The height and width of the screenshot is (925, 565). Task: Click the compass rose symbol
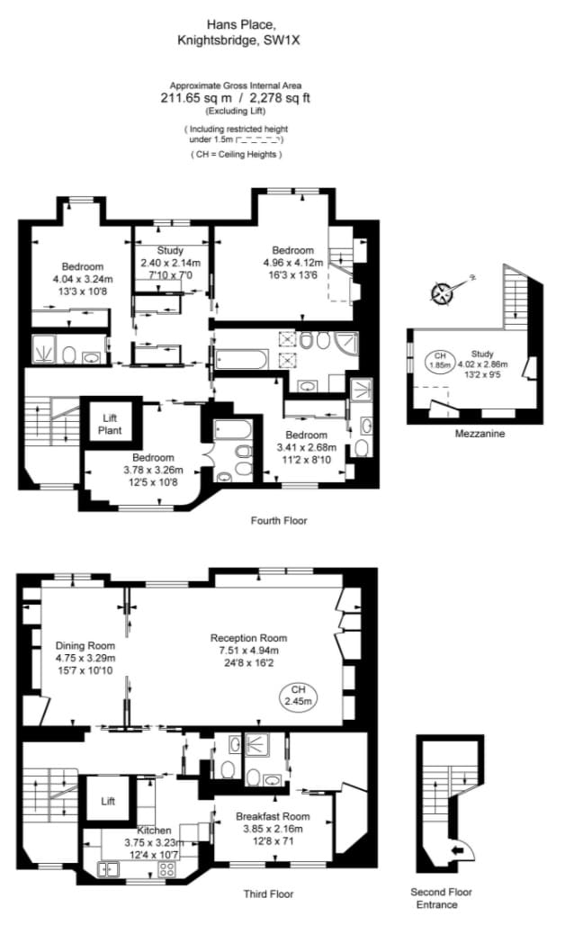tap(441, 293)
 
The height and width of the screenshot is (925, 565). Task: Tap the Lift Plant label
tap(110, 424)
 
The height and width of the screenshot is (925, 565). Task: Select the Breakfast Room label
tap(273, 816)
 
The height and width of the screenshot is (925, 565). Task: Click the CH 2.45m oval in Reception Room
tap(299, 696)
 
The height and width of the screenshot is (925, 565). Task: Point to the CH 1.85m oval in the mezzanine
tap(440, 360)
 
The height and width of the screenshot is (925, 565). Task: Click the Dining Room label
tap(85, 645)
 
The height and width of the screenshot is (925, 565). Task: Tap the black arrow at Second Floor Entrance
tap(458, 849)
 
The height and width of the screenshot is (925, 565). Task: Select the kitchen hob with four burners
tap(167, 867)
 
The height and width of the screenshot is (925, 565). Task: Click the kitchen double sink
tap(109, 867)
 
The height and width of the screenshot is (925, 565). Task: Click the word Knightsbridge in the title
tap(217, 40)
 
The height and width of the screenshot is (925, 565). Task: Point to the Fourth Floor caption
tap(279, 520)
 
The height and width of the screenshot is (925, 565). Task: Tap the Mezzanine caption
tap(480, 434)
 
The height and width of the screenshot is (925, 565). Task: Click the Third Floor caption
tap(268, 894)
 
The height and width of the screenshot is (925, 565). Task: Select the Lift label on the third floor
tap(108, 801)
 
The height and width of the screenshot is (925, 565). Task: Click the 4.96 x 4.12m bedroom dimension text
tap(293, 263)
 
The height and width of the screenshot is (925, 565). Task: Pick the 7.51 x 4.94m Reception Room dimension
tap(248, 650)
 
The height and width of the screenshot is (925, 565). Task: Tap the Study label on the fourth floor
tap(170, 250)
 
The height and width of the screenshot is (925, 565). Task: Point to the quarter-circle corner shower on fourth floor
tap(345, 343)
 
